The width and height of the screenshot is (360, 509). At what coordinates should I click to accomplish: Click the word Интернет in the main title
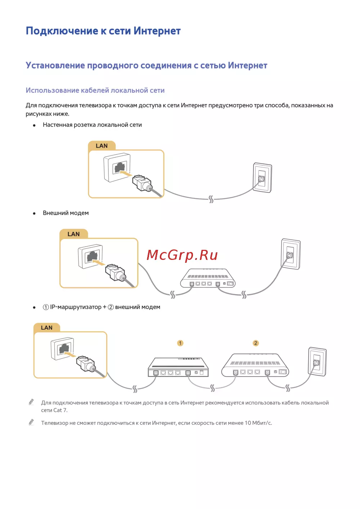tap(157, 31)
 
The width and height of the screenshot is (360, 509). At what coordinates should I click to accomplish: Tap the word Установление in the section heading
tap(55, 66)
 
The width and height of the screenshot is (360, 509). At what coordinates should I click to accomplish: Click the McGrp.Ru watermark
tap(182, 255)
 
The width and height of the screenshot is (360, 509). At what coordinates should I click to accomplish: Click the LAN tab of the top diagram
tap(102, 146)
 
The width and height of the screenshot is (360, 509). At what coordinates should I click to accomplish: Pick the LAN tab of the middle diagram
tap(73, 234)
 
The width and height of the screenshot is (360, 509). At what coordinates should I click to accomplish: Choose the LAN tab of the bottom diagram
tap(46, 328)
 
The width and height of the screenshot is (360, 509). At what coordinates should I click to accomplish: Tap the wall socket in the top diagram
tap(262, 178)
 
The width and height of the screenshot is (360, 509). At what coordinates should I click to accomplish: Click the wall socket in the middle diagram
tap(291, 254)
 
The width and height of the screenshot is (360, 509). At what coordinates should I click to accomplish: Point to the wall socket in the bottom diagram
tap(317, 362)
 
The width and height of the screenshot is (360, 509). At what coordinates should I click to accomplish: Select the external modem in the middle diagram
tap(208, 279)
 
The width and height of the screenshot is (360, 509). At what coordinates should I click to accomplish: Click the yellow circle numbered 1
tap(180, 343)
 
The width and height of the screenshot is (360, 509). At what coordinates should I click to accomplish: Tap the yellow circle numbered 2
tap(256, 343)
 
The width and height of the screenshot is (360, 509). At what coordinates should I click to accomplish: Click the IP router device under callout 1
tap(178, 367)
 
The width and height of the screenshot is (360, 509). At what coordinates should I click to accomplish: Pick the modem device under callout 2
tap(255, 366)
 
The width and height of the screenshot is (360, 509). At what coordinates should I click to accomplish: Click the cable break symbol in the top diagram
tap(211, 199)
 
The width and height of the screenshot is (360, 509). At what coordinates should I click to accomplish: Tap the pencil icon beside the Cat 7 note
tap(31, 402)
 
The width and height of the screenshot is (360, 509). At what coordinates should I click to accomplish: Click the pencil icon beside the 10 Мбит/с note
tap(31, 422)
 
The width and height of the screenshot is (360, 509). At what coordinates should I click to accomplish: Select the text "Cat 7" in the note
tap(60, 410)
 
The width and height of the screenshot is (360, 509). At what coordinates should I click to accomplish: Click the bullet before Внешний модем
tap(34, 213)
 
